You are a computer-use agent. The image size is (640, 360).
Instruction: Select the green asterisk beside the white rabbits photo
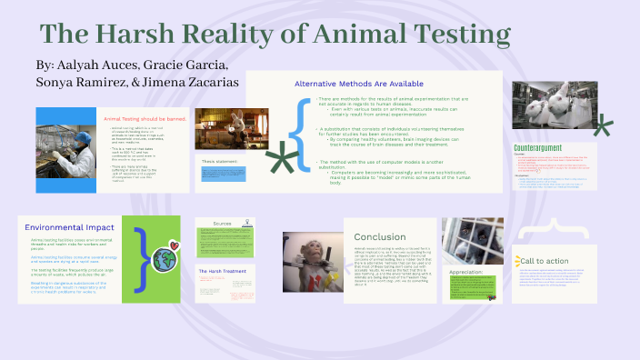[x=601, y=126]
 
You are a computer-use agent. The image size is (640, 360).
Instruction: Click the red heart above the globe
[x=174, y=245]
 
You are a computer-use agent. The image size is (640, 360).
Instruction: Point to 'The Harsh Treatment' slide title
[x=219, y=271]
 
